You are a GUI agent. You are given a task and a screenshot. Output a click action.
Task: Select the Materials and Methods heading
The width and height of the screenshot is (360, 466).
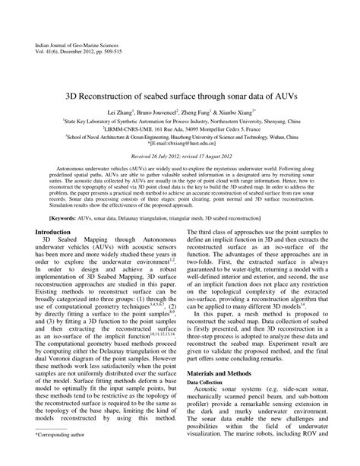tap(221, 375)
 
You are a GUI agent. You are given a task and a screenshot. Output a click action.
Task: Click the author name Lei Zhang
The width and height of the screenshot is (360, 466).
tap(121, 111)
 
